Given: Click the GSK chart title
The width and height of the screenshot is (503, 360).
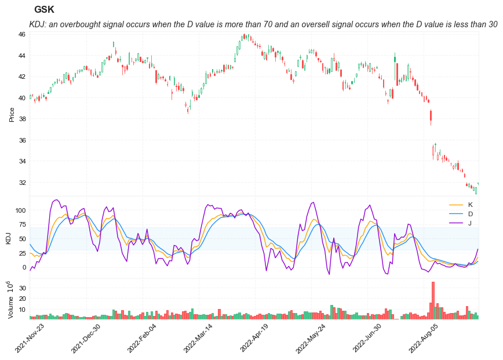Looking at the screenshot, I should pyautogui.click(x=44, y=9).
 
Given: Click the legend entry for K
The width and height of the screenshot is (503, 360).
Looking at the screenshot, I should pyautogui.click(x=470, y=205).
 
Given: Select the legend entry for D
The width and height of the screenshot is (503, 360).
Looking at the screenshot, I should pyautogui.click(x=470, y=214).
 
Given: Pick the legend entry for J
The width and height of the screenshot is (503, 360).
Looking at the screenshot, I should pyautogui.click(x=470, y=223).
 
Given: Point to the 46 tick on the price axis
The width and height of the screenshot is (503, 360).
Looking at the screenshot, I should pyautogui.click(x=21, y=34).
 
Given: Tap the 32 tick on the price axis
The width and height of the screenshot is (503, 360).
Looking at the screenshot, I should pyautogui.click(x=21, y=183).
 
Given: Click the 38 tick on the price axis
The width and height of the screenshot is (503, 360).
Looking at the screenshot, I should pyautogui.click(x=21, y=119).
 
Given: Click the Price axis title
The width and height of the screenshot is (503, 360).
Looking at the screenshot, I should pyautogui.click(x=12, y=114).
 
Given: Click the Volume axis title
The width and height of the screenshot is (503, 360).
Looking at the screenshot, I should pyautogui.click(x=11, y=300).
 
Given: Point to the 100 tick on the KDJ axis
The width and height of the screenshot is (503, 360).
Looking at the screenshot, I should pyautogui.click(x=19, y=210).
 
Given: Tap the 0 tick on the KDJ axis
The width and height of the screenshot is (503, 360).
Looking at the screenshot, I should pyautogui.click(x=24, y=267).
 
